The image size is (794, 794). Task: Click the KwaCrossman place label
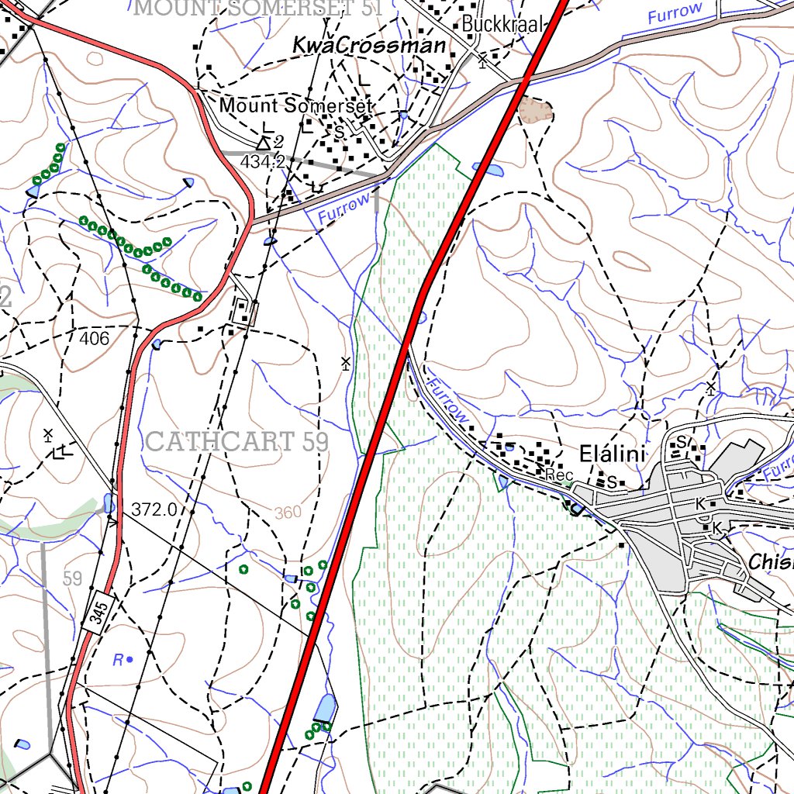pos(369,47)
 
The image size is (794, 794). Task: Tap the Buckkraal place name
pos(500,24)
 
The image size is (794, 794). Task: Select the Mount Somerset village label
pos(297,105)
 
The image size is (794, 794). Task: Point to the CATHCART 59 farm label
pos(236,442)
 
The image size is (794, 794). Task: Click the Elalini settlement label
pos(613,454)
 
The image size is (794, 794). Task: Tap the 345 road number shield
pos(97,614)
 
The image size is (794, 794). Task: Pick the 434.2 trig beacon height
pos(262,162)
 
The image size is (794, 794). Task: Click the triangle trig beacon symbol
pos(264,143)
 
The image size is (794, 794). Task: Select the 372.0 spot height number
pos(154,509)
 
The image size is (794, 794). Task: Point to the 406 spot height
pos(94,338)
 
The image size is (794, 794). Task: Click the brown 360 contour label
pos(288,513)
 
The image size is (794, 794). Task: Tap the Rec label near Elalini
pos(558,475)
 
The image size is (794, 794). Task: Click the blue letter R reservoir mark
pos(119,661)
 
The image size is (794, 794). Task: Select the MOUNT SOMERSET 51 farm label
pos(260,9)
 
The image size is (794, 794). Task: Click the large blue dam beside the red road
pos(325,707)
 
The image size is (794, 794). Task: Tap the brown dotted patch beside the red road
pos(536,109)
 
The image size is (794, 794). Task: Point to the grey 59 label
pos(72,578)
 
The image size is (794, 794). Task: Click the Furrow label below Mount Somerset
pos(344,209)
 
